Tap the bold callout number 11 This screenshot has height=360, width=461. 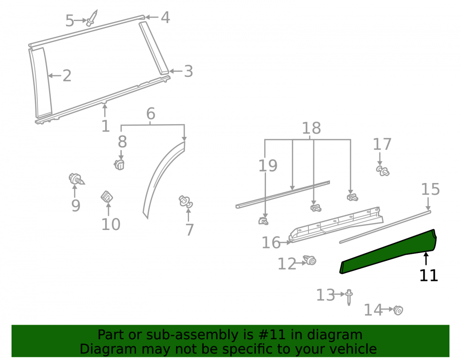click(428, 276)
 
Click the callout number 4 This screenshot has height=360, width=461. click(165, 18)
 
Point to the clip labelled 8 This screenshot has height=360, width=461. click(119, 165)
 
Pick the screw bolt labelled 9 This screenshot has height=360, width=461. click(76, 179)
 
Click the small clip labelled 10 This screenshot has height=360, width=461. click(107, 197)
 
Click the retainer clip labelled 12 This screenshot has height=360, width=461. click(310, 260)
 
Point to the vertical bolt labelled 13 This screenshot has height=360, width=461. click(349, 297)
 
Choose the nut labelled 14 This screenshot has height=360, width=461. click(398, 310)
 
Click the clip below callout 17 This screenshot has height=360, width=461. click(383, 171)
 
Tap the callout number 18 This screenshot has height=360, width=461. click(311, 128)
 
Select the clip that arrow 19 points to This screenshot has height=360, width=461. click(263, 221)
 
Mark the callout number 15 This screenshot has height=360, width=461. click(431, 189)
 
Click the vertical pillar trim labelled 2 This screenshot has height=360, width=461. click(41, 83)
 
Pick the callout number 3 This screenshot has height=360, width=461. click(189, 71)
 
